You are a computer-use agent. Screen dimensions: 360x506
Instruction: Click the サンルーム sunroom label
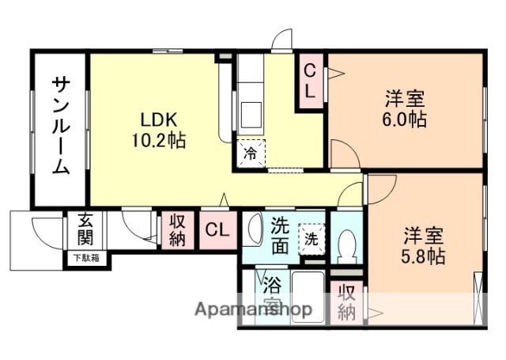click(60, 125)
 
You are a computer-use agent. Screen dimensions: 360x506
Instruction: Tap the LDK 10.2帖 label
click(164, 131)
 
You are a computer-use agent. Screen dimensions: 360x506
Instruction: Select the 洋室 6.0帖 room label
click(406, 109)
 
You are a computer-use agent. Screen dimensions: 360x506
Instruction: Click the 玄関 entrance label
click(85, 230)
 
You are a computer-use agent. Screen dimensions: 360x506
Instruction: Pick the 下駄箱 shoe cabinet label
click(87, 257)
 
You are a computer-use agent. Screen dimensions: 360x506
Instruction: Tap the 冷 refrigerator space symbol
click(251, 150)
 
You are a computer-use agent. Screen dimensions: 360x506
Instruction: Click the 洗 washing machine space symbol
click(311, 237)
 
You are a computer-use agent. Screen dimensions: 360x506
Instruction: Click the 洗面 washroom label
click(281, 235)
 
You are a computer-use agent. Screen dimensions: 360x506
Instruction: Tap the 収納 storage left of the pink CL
click(176, 230)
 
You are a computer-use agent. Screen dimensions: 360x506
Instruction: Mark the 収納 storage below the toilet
click(346, 301)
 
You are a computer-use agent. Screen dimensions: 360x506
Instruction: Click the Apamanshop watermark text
click(254, 309)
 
